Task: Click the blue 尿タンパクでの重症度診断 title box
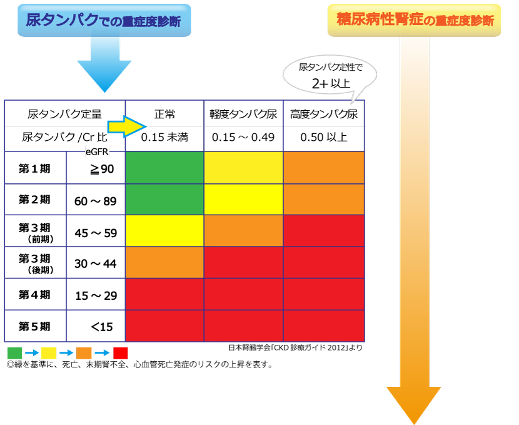tap(104, 20)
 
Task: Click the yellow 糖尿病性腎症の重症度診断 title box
tap(414, 20)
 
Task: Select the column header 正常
tap(164, 115)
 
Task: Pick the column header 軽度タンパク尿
tap(243, 115)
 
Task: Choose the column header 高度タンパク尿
tap(324, 115)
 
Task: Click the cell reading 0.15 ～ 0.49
tap(243, 137)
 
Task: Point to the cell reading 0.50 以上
tap(324, 137)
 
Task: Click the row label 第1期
tap(34, 168)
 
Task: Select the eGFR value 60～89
tap(95, 201)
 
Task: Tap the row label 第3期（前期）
tap(36, 232)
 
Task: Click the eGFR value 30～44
tap(95, 264)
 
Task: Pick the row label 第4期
tap(34, 294)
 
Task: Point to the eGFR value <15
tap(102, 327)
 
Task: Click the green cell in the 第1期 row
tap(164, 168)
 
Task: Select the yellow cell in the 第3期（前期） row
tap(164, 230)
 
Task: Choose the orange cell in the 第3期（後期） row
tap(164, 262)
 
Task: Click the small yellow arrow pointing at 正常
tap(127, 126)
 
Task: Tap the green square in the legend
tap(14, 353)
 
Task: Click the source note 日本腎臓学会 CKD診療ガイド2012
tap(295, 347)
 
